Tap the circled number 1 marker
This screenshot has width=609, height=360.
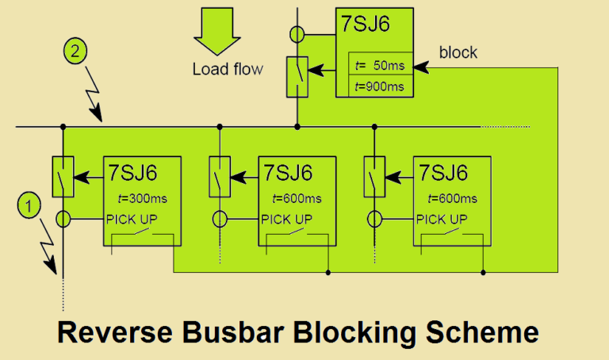pyautogui.click(x=29, y=207)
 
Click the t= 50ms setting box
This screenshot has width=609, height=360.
pyautogui.click(x=381, y=63)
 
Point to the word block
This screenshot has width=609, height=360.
pyautogui.click(x=458, y=53)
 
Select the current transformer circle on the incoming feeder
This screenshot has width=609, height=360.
pyautogui.click(x=297, y=35)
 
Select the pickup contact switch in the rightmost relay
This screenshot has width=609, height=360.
pyautogui.click(x=450, y=233)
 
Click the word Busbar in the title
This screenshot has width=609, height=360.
pyautogui.click(x=226, y=333)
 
